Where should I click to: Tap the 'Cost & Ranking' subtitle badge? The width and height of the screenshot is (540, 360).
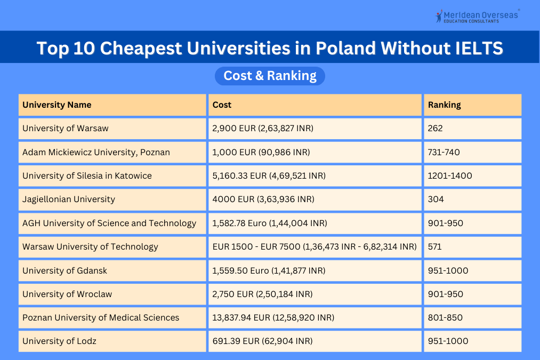pyautogui.click(x=270, y=76)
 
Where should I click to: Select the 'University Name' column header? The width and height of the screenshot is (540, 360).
pyautogui.click(x=57, y=105)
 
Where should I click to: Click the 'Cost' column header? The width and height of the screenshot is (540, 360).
pyautogui.click(x=222, y=105)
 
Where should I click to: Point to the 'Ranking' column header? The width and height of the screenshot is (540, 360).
pyautogui.click(x=444, y=105)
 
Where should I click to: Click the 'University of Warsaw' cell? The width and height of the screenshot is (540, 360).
pyautogui.click(x=66, y=129)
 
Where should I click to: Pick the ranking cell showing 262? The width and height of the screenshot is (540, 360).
pyautogui.click(x=436, y=129)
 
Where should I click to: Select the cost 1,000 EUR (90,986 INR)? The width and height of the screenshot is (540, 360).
pyautogui.click(x=261, y=152)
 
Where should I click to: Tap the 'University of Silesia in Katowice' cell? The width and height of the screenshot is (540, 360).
pyautogui.click(x=87, y=175)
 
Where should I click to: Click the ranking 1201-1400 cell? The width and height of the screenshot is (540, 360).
pyautogui.click(x=450, y=175)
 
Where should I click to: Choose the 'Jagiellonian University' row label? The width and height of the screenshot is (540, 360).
pyautogui.click(x=69, y=199)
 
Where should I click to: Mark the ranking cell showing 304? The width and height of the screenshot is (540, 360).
pyautogui.click(x=436, y=199)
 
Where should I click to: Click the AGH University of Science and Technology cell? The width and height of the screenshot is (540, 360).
pyautogui.click(x=109, y=223)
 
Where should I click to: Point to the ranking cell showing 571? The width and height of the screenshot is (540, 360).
pyautogui.click(x=435, y=246)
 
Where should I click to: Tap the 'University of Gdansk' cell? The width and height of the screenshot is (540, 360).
pyautogui.click(x=65, y=270)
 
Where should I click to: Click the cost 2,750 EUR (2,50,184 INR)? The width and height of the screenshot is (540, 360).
pyautogui.click(x=263, y=294)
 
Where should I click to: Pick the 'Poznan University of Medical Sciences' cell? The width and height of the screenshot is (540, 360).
pyautogui.click(x=101, y=317)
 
